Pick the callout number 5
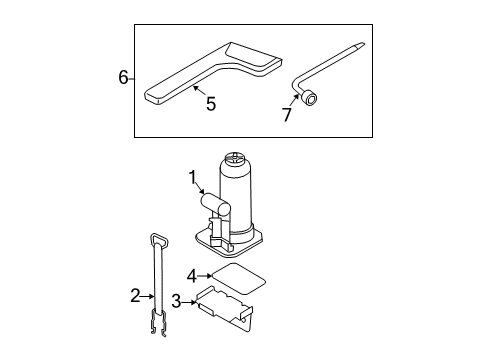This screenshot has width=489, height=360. point(210,102)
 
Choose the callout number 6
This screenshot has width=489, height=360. point(123,77)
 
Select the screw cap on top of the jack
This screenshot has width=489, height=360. point(236,159)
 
